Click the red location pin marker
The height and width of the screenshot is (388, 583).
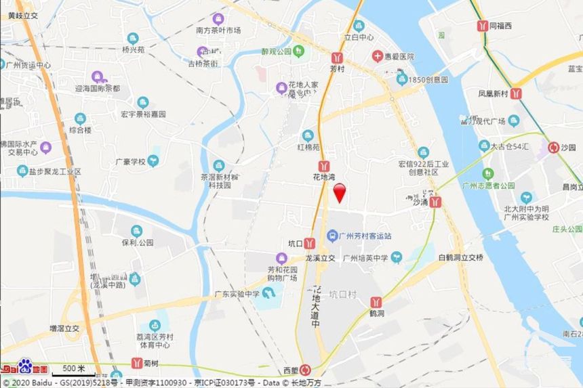340,192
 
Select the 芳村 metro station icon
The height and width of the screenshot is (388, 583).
337,58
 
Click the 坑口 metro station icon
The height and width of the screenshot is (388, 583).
309,243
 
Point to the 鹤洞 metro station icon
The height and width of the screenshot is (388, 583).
376,302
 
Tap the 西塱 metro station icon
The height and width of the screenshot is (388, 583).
306,370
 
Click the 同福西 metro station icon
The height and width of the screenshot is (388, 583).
482,26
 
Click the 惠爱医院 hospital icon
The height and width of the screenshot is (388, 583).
376,56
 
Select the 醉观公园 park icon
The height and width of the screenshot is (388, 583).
299,51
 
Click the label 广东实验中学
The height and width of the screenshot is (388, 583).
237,294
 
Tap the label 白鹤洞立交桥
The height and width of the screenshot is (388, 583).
460,257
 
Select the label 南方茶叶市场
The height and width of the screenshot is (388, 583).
218,30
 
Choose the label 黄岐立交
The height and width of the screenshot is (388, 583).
19,14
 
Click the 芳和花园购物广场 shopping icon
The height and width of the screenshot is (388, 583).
281,258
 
